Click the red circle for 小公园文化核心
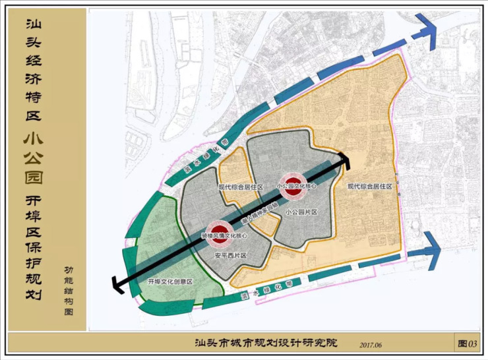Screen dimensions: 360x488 [292, 182]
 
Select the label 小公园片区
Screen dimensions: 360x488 [301, 212]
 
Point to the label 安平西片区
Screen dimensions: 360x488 [230, 255]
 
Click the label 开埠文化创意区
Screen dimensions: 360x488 [169, 282]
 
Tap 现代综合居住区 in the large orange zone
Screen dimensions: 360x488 [369, 187]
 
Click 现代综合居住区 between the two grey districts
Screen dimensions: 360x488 [241, 187]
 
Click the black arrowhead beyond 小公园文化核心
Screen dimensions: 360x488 [343, 159]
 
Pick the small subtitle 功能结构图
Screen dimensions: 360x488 [70, 290]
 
